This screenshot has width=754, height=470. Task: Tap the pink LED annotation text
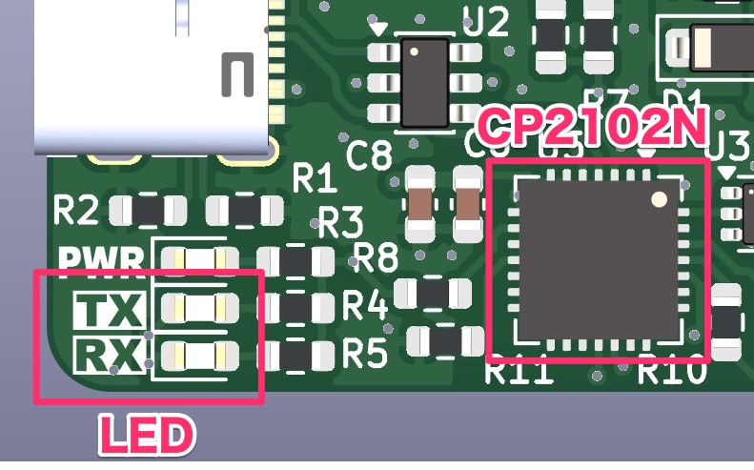(148, 436)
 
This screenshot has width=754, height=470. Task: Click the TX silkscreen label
(110, 310)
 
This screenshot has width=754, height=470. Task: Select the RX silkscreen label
(110, 355)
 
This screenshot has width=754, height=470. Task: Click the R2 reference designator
(77, 210)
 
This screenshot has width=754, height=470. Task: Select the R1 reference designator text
(316, 177)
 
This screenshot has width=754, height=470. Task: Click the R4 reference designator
(365, 307)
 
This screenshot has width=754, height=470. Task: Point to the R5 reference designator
(365, 355)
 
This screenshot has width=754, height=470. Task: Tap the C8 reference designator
(369, 155)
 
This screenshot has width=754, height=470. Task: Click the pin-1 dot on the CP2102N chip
(659, 199)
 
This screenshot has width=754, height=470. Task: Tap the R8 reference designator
(376, 256)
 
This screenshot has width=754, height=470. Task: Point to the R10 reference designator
(671, 370)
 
